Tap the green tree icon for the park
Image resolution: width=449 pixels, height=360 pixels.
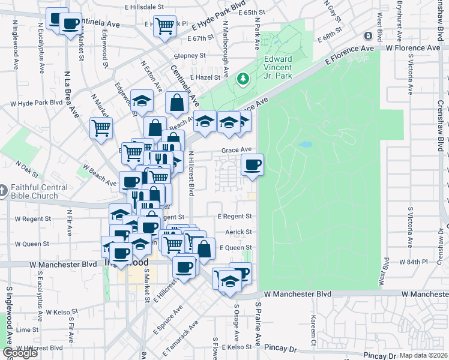click(244, 79)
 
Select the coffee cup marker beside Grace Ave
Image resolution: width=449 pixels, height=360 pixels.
click(252, 164)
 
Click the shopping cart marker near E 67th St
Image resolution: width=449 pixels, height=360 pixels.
click(164, 26)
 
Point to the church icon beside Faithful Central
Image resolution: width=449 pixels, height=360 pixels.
click(4, 191)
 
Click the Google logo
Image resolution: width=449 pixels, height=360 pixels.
click(20, 353)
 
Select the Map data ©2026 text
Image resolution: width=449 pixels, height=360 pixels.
click(424, 355)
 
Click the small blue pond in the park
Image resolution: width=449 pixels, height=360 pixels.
click(306, 145)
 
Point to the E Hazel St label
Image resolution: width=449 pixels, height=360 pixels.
click(206, 77)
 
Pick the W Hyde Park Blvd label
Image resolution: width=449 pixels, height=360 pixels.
click(36, 103)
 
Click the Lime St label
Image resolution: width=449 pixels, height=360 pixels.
click(28, 330)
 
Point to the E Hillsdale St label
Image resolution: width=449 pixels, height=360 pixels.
click(144, 7)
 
